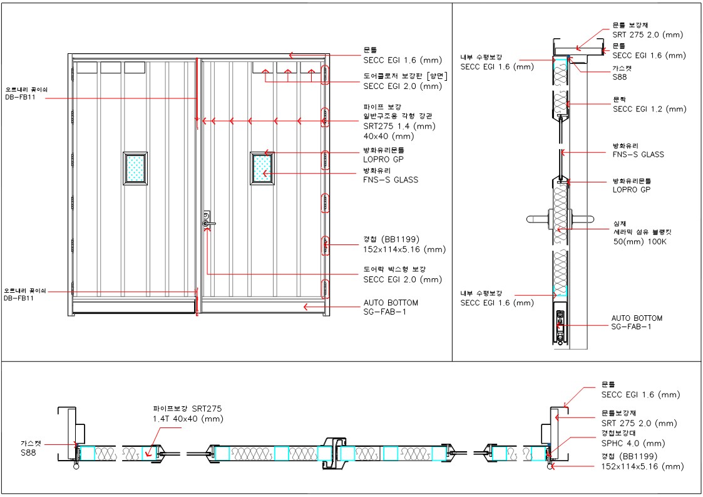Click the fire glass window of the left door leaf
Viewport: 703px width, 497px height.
(135, 167)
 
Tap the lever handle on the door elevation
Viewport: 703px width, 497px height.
(208, 222)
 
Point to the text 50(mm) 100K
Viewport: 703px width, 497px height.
(640, 241)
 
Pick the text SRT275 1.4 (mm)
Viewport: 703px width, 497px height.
(399, 126)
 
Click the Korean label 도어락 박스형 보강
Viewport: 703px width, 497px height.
(394, 269)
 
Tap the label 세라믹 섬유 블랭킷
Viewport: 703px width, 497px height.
(645, 232)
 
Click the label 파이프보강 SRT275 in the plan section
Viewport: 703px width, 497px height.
(187, 409)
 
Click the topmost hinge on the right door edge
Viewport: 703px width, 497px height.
(325, 74)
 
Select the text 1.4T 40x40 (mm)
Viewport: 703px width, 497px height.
(188, 419)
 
